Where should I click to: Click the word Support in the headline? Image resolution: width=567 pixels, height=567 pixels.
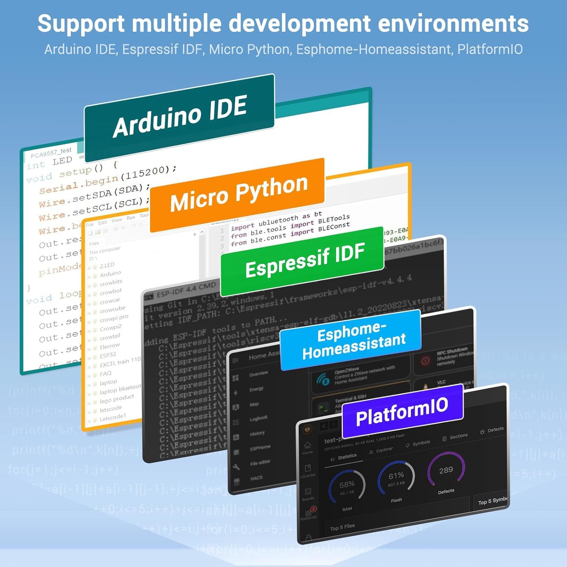click(81, 23)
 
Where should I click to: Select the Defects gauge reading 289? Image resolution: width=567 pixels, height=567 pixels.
click(446, 471)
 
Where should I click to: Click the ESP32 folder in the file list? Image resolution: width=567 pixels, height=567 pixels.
click(108, 355)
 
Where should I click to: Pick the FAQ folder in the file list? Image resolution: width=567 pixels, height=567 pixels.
click(105, 374)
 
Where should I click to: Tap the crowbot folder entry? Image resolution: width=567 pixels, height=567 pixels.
click(110, 291)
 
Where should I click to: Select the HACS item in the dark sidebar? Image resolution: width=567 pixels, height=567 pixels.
click(256, 478)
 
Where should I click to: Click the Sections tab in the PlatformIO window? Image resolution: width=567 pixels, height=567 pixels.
click(458, 436)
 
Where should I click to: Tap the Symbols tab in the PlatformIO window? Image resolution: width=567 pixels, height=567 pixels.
click(421, 443)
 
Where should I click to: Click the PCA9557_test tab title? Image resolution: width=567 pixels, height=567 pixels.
click(51, 153)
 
